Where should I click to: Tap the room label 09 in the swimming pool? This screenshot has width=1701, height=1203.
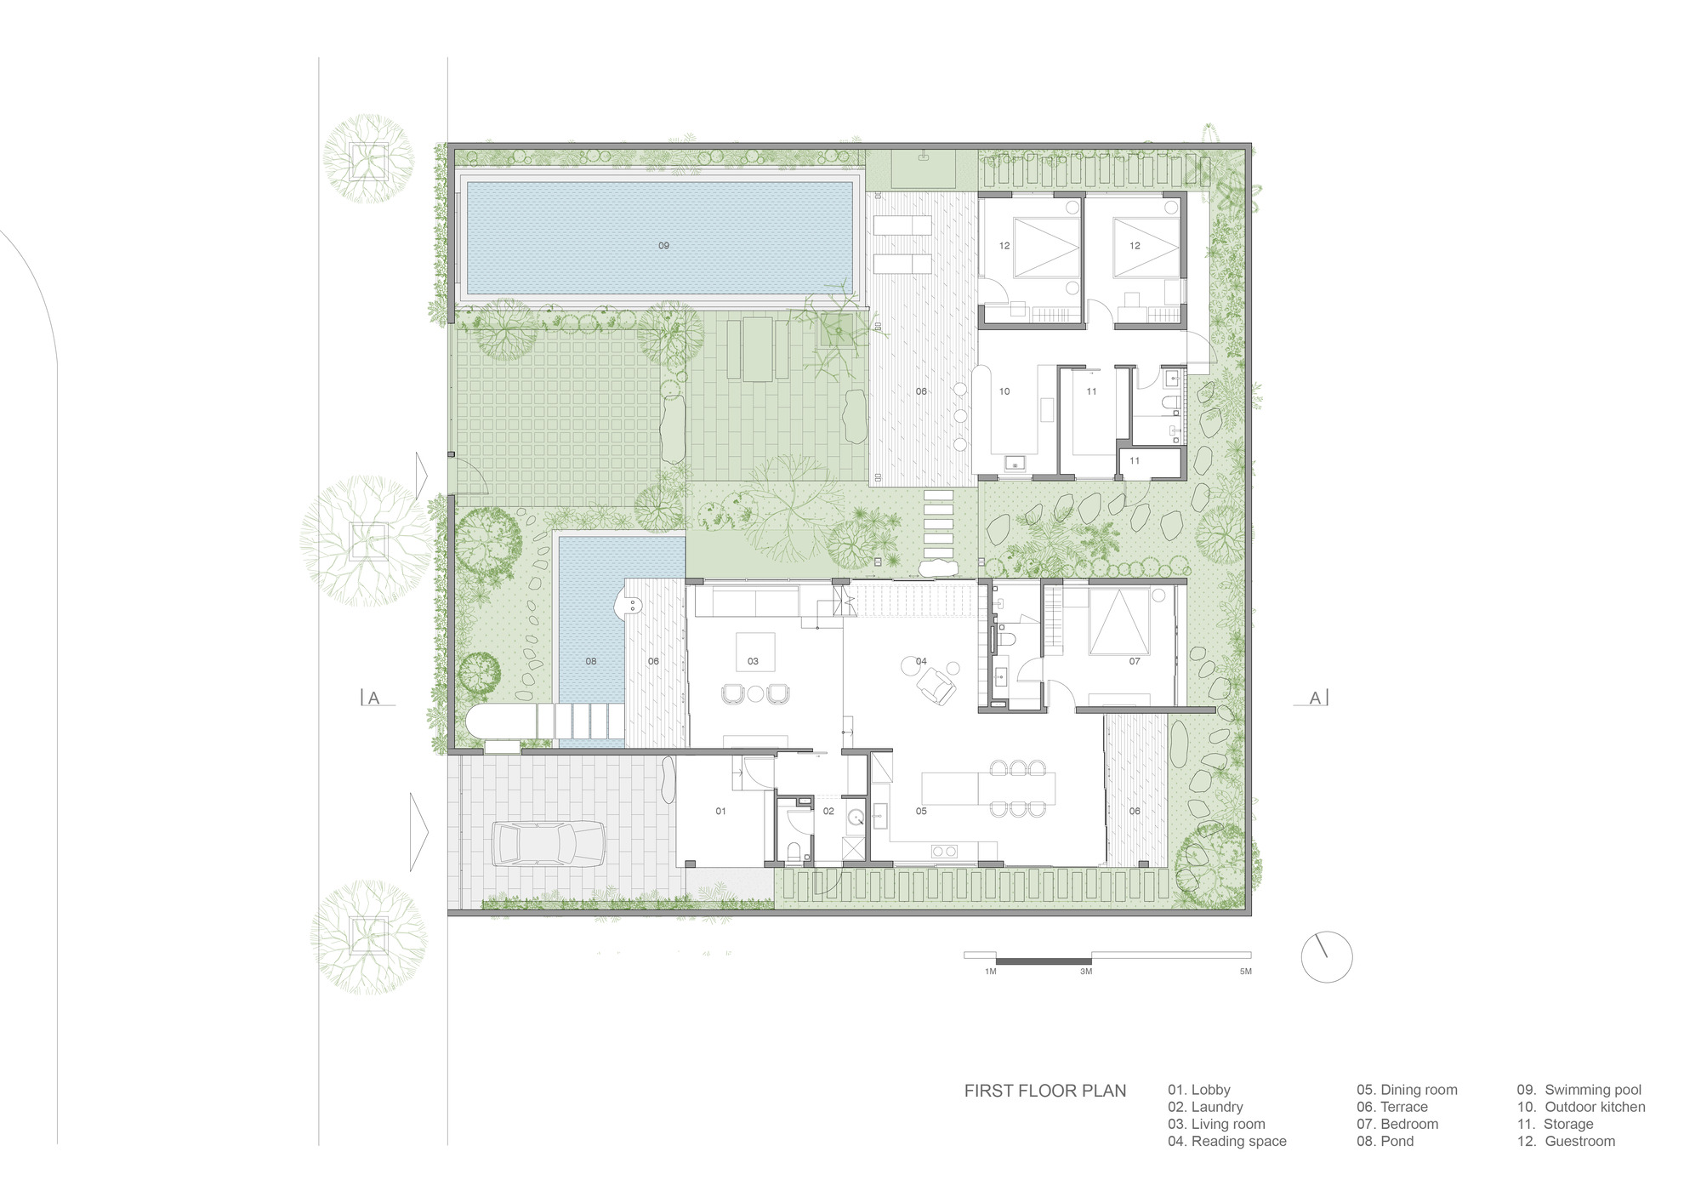(663, 246)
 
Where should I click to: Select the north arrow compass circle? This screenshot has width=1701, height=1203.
(1326, 957)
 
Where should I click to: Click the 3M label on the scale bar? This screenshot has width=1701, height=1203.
(1086, 972)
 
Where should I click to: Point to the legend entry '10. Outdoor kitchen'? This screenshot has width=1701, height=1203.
(1580, 1107)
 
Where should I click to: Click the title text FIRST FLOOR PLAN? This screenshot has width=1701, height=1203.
(1044, 1091)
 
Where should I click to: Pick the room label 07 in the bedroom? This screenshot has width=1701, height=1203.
(1134, 661)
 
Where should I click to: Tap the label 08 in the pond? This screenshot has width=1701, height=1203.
(591, 661)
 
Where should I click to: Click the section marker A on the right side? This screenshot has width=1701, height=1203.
(1315, 698)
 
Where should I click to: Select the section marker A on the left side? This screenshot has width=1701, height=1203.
(373, 698)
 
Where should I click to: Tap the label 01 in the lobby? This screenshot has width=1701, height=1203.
(720, 812)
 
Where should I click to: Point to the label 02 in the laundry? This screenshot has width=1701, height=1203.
(828, 812)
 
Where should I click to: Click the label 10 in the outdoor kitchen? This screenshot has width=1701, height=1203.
(1004, 392)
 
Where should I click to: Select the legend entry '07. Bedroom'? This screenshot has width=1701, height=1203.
(1397, 1124)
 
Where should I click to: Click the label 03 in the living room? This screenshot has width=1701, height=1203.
(753, 661)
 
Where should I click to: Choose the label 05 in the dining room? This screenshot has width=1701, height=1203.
(921, 812)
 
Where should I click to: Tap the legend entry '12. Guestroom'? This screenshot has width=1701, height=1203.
(1565, 1142)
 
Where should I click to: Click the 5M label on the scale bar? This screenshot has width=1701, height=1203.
(1245, 972)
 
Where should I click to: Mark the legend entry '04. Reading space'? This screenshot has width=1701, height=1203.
(1226, 1142)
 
